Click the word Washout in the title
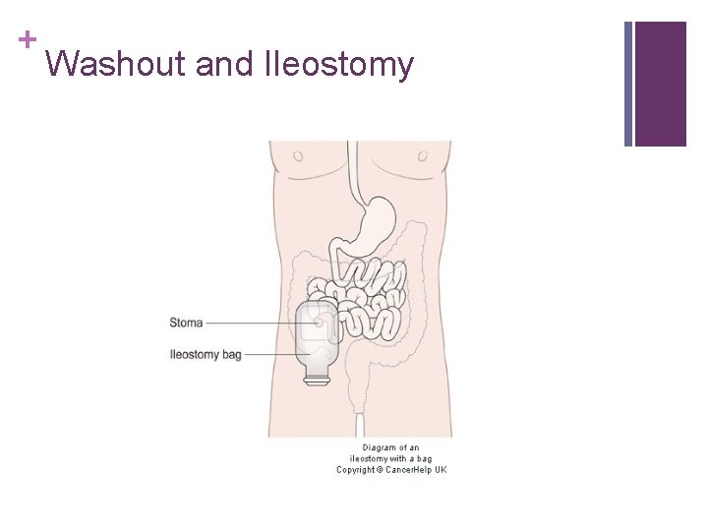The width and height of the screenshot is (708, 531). click(x=116, y=65)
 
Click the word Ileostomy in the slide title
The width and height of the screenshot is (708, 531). click(x=339, y=66)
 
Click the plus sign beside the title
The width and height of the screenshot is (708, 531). click(x=27, y=39)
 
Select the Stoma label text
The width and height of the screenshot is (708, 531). click(x=186, y=323)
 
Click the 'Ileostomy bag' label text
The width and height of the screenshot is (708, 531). click(x=206, y=354)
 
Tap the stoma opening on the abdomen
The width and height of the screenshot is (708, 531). click(x=319, y=322)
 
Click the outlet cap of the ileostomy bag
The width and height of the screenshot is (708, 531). click(x=317, y=376)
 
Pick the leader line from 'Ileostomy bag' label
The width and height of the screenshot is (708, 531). click(x=270, y=354)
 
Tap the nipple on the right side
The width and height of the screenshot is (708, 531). click(x=423, y=155)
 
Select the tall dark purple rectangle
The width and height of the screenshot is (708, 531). click(x=660, y=84)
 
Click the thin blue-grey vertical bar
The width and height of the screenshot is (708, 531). click(x=628, y=84)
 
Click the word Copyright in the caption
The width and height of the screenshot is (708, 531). click(x=355, y=470)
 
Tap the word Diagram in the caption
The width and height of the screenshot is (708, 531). click(x=380, y=448)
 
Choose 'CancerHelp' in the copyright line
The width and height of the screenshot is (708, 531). click(x=407, y=470)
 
